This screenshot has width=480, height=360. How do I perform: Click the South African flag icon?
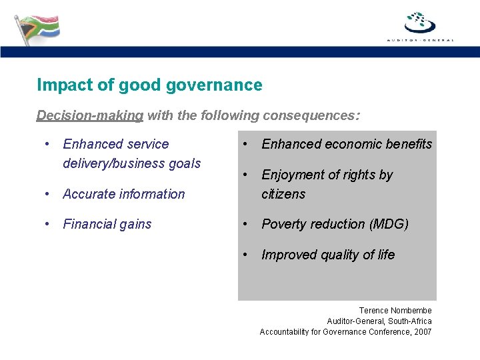pyautogui.click(x=37, y=27)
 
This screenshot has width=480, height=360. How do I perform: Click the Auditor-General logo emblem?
pyautogui.click(x=420, y=22)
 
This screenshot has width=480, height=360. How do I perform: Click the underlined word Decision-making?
pyautogui.click(x=90, y=115)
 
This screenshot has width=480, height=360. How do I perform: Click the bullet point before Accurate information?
pyautogui.click(x=47, y=194)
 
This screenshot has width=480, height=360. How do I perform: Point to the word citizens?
pyautogui.click(x=283, y=194)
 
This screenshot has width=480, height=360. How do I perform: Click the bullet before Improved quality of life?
pyautogui.click(x=246, y=255)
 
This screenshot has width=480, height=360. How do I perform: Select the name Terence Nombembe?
pyautogui.click(x=395, y=311)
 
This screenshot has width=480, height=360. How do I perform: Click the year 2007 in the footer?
pyautogui.click(x=422, y=332)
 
